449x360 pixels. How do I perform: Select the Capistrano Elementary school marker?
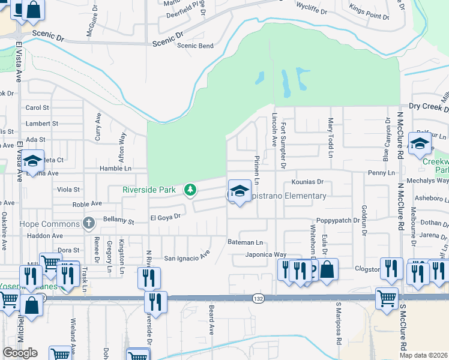tap(240, 191)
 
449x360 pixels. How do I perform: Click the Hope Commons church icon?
tap(89, 224)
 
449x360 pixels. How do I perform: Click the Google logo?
tap(20, 353)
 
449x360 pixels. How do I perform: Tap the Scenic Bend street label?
tap(194, 46)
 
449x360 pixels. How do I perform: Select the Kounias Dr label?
tap(307, 181)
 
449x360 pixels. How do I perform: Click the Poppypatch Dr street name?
tap(338, 220)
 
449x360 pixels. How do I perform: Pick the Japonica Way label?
tap(266, 254)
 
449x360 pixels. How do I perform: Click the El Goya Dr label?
tap(165, 217)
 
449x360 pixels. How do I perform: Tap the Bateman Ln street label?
tap(245, 242)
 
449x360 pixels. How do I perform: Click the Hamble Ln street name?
tap(115, 169)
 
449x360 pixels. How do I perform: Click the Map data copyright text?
tap(423, 355)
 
